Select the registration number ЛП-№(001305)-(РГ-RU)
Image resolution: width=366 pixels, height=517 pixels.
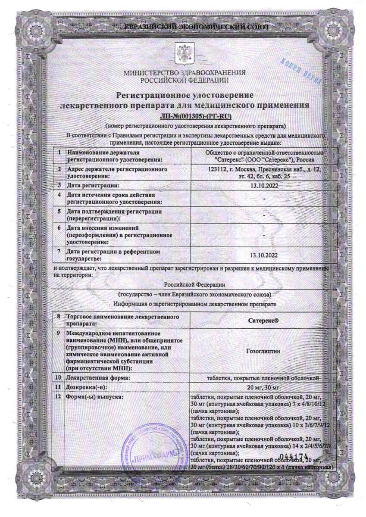pyautogui.click(x=196, y=115)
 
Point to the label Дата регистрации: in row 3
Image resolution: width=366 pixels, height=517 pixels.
pyautogui.click(x=92, y=186)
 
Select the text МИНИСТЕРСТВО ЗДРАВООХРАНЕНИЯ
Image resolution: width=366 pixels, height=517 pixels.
pyautogui.click(x=185, y=73)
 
